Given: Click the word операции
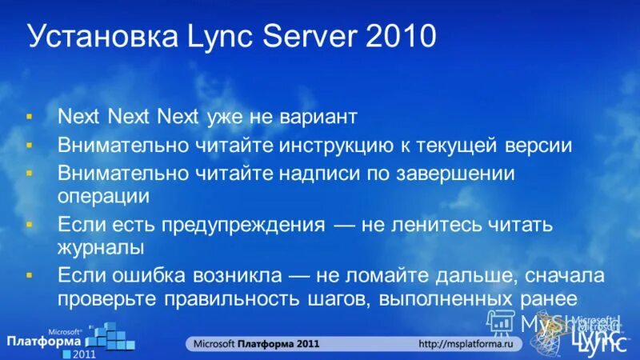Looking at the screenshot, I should pos(104,195).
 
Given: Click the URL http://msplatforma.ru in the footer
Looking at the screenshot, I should pos(471,343).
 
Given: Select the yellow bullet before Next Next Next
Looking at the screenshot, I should pos(30,118).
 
